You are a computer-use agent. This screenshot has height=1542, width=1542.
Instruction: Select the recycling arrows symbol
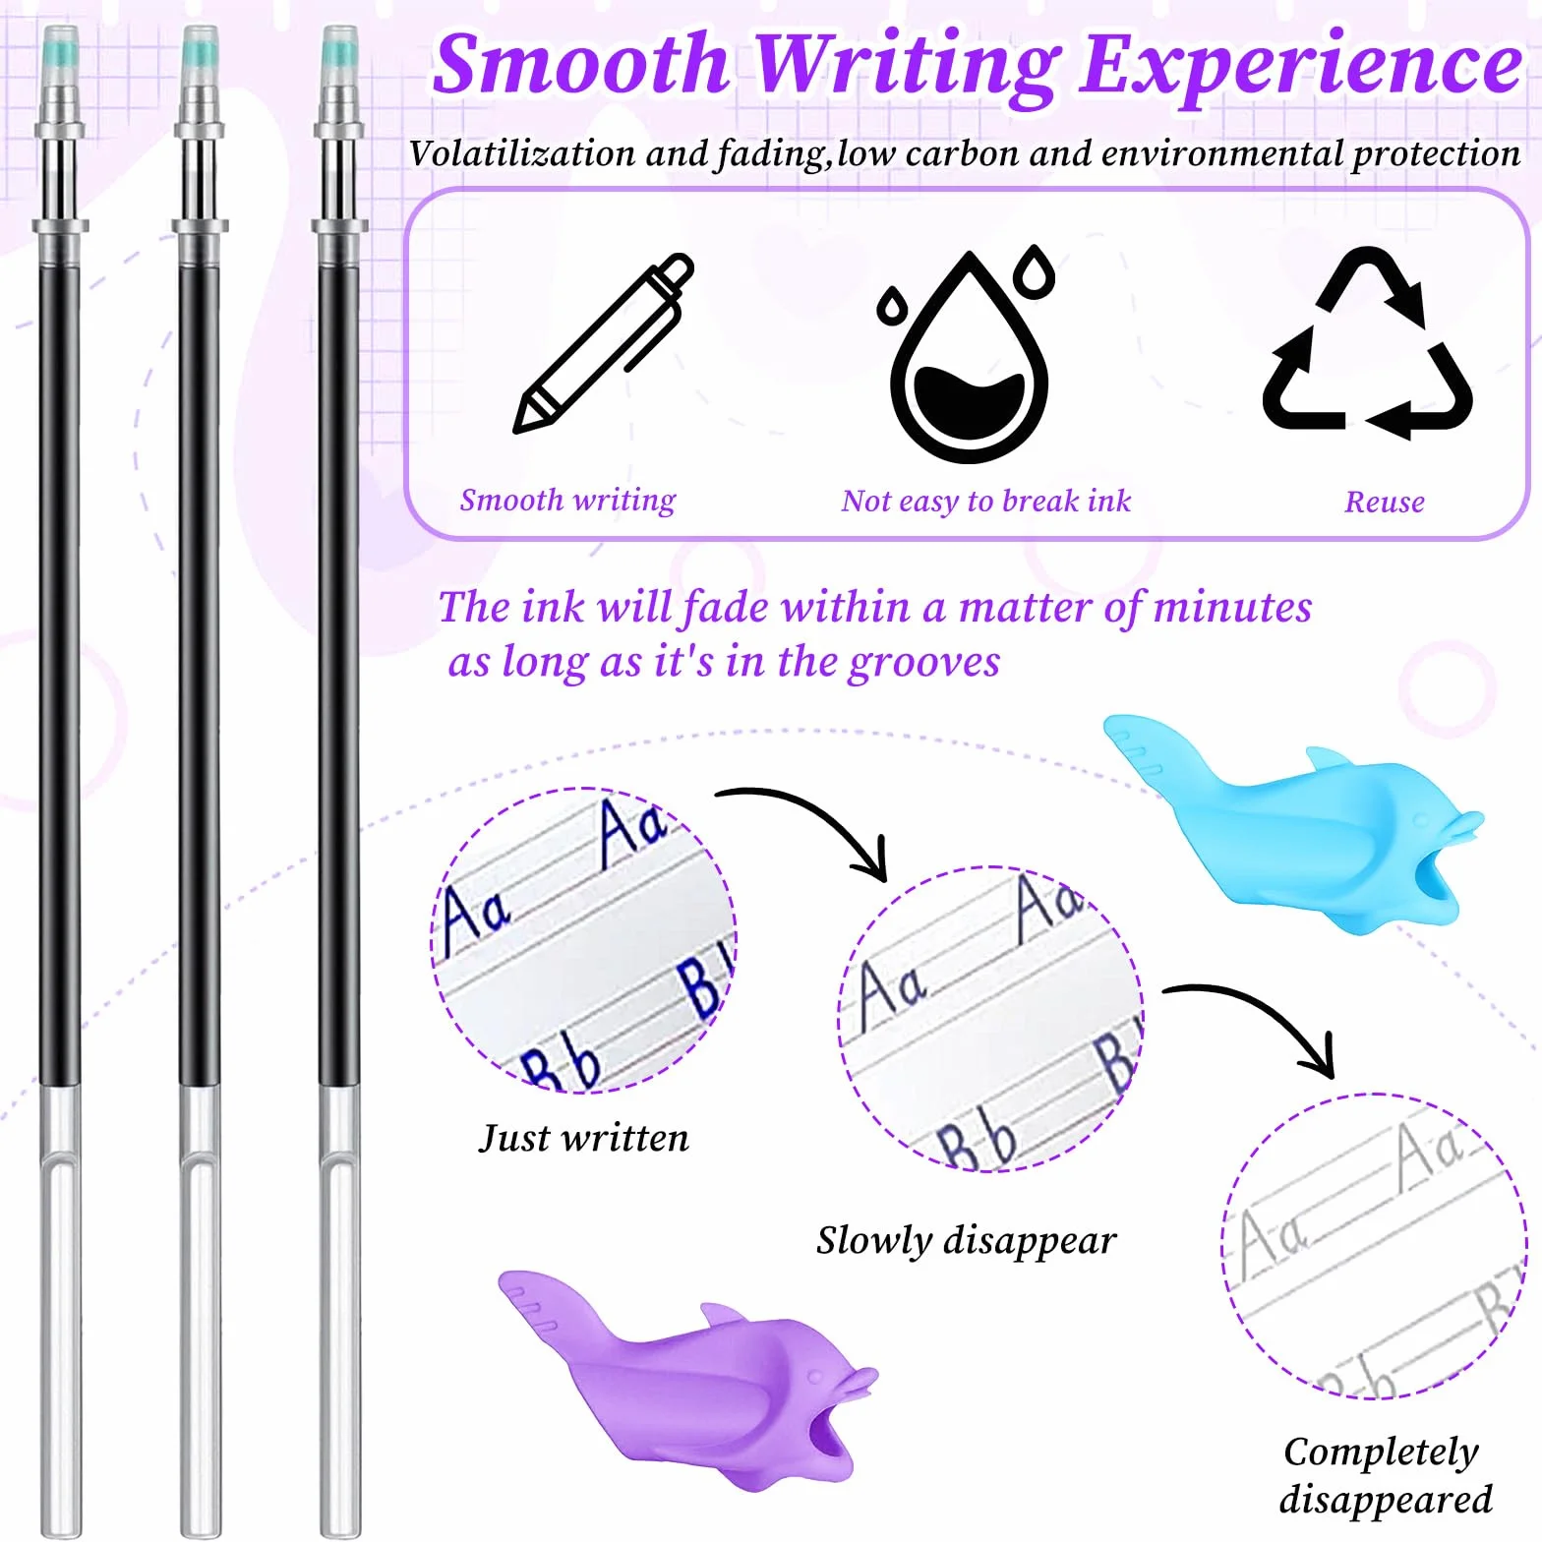pos(1367,344)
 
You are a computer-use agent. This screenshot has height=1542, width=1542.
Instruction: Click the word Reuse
pos(1385,503)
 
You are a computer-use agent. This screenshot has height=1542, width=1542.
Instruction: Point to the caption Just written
pos(584,1138)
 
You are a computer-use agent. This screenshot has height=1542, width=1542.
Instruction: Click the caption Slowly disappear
pos(966,1241)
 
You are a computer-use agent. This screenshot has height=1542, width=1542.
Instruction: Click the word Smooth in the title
pos(580,63)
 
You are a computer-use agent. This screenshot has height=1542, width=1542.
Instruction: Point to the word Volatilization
pos(522,153)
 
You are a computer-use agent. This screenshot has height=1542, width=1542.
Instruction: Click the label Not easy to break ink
pos(986,502)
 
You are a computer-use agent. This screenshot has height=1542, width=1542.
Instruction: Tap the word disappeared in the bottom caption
pos(1386,1500)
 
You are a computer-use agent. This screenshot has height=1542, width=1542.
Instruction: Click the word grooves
pos(924,663)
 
